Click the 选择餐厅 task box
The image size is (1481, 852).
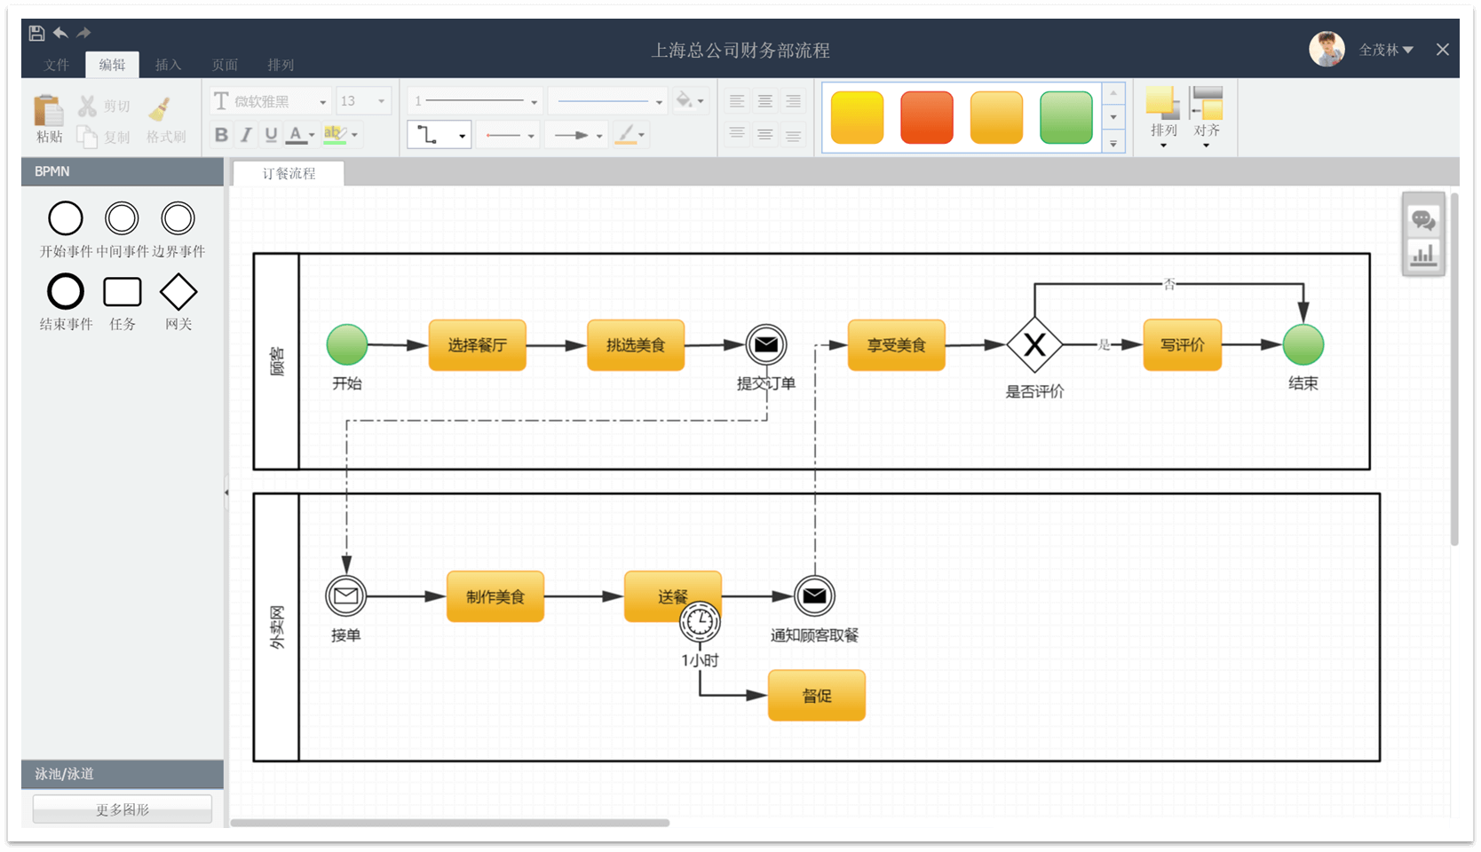click(477, 345)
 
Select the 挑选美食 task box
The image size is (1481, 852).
click(636, 345)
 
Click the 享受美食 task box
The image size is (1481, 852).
click(896, 345)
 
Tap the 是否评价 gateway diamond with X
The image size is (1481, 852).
click(1034, 345)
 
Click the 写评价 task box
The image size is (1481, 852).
click(1182, 345)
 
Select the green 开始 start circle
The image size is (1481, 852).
click(347, 345)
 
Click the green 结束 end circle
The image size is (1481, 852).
click(1303, 345)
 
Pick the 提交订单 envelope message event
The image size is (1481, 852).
click(766, 345)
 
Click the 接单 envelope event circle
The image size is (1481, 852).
click(346, 596)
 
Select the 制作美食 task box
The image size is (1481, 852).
click(495, 596)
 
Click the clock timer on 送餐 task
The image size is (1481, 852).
click(700, 622)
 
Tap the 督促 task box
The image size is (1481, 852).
click(816, 696)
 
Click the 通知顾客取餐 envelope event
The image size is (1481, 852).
click(814, 596)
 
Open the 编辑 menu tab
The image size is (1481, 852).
click(112, 65)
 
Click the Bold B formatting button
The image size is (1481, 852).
click(221, 135)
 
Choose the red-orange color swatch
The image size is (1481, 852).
click(926, 117)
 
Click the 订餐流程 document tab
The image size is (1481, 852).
click(289, 174)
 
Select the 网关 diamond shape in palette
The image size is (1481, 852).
click(178, 292)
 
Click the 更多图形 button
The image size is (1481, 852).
click(123, 809)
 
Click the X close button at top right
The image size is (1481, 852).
click(1443, 50)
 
